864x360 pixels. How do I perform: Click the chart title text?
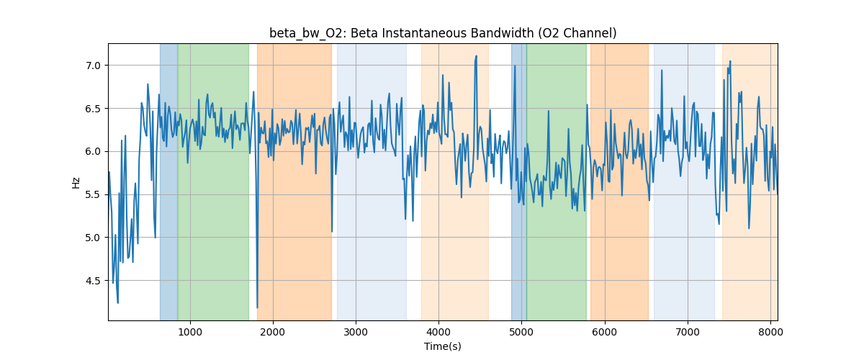coord(443,33)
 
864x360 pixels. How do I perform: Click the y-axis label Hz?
coord(76,183)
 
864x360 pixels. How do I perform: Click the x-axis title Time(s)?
coord(443,346)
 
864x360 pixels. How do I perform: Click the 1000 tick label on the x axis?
coord(190,332)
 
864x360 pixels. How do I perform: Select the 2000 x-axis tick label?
coord(273,332)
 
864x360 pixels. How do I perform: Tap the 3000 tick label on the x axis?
coord(356,332)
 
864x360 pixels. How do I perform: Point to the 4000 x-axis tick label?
coord(438,332)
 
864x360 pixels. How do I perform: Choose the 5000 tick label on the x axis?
coord(522,332)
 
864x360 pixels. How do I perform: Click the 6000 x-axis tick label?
coord(605,332)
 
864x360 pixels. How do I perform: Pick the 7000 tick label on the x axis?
coord(688,332)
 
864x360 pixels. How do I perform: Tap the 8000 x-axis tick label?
coord(770,332)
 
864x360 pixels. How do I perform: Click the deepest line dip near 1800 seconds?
coord(257,307)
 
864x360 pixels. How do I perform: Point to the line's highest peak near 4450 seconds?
coord(476,56)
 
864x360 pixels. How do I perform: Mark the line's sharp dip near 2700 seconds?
coord(332,231)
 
